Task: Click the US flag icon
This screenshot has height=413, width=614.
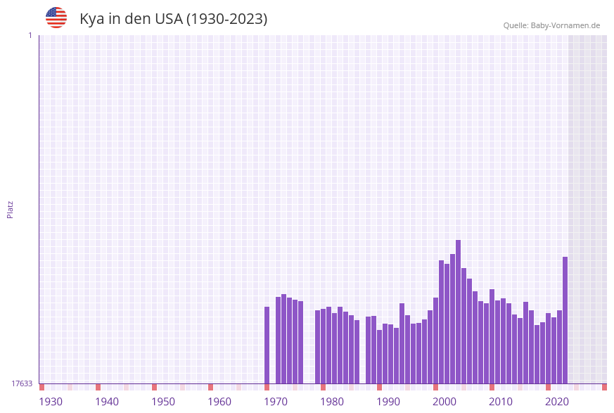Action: click(56, 18)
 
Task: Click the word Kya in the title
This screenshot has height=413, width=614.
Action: click(91, 19)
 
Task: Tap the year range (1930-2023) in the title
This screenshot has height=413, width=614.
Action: click(226, 19)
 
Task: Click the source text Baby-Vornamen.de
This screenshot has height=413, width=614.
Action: click(566, 25)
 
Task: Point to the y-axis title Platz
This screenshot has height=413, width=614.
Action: click(11, 209)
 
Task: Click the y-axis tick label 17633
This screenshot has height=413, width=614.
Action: click(22, 383)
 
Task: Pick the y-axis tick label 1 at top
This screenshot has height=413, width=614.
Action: click(30, 35)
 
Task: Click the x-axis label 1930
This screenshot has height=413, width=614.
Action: click(51, 402)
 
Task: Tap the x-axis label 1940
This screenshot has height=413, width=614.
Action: click(107, 402)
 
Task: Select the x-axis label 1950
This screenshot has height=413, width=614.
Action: click(163, 402)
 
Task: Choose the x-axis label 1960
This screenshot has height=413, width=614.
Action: click(219, 402)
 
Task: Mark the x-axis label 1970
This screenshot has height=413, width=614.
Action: click(276, 402)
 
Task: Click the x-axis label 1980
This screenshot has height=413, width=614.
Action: click(332, 402)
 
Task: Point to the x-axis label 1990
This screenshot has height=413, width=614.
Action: click(388, 402)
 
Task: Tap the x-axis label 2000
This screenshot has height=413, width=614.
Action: click(444, 402)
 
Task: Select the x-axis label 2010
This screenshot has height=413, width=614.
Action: click(501, 402)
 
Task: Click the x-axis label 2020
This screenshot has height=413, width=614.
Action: click(557, 402)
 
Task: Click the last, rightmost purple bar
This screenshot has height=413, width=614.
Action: click(565, 320)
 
